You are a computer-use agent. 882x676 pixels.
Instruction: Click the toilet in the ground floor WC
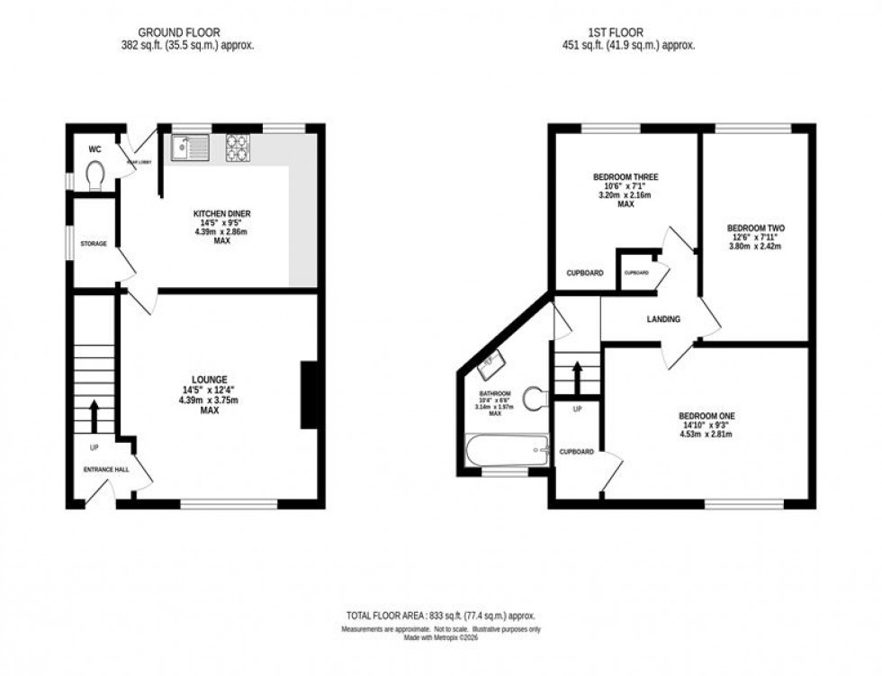[94, 173]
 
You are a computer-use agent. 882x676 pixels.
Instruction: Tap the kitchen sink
[189, 145]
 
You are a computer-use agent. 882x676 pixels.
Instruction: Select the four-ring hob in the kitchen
[238, 146]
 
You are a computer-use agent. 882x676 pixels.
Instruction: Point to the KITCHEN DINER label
[222, 213]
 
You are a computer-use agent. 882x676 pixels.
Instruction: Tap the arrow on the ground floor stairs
[94, 416]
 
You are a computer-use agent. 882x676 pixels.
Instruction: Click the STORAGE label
[94, 244]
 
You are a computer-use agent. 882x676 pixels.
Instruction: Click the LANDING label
[662, 320]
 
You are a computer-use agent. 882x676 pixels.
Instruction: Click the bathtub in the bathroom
[507, 450]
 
